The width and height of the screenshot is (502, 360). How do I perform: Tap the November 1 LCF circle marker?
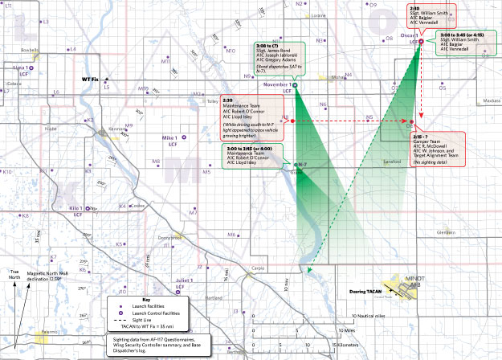click(x=295, y=84)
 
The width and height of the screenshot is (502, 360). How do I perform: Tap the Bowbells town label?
click(x=30, y=48)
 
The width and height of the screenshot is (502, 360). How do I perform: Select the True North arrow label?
click(x=11, y=277)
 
